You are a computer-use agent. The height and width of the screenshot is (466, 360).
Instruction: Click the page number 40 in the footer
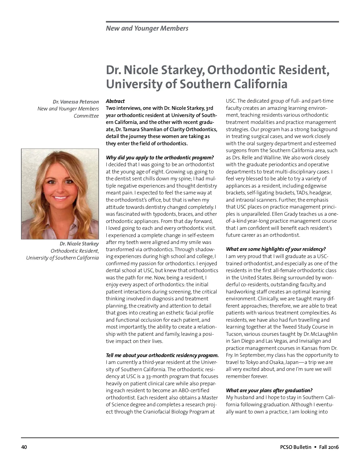coord(24,447)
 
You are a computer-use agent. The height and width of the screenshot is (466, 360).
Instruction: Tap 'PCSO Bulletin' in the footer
coord(294,447)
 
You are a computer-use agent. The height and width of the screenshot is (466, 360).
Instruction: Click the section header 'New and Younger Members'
coord(147,29)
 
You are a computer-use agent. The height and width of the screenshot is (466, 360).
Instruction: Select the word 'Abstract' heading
coord(115,101)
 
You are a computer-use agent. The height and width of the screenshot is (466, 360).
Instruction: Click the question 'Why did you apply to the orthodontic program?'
coord(160,158)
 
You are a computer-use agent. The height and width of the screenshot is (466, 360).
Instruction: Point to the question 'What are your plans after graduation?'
coord(269,390)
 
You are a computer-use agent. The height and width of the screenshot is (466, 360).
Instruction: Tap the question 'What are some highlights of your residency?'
coord(276,249)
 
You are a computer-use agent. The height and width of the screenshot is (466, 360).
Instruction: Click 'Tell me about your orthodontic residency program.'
coord(162,355)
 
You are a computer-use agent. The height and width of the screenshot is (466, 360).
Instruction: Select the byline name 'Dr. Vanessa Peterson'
coord(76,102)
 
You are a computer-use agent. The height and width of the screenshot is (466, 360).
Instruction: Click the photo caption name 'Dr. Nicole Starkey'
coord(79,244)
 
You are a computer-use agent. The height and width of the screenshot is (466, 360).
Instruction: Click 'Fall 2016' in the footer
coord(329,447)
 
